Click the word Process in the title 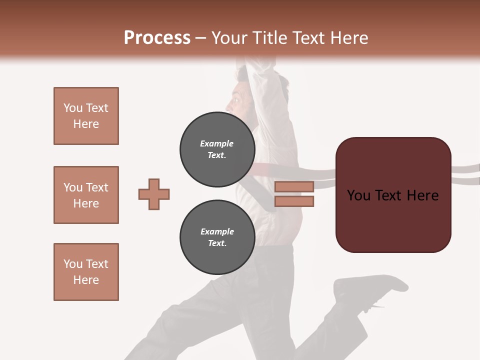click(157, 38)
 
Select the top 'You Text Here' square click(86, 116)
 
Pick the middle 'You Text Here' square click(86, 195)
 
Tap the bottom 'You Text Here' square click(86, 272)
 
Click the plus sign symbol click(154, 194)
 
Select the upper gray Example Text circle click(217, 149)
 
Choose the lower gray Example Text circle click(217, 237)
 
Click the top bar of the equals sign click(294, 187)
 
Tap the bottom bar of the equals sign click(294, 201)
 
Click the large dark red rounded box click(393, 195)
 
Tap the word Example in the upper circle click(217, 143)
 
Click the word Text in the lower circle click(217, 243)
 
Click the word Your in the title click(228, 38)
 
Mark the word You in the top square click(73, 108)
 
